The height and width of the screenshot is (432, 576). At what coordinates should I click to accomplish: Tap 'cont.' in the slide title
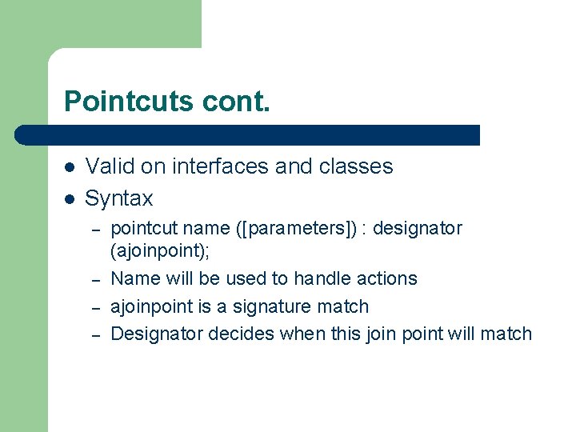click(237, 102)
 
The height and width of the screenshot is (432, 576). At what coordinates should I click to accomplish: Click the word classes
click(356, 166)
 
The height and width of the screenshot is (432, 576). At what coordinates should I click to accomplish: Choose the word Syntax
click(118, 198)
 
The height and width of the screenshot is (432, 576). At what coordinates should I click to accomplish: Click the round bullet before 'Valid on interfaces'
click(70, 167)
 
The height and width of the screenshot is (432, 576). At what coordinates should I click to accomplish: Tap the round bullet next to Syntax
click(70, 198)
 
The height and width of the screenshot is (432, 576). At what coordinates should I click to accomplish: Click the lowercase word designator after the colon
click(418, 228)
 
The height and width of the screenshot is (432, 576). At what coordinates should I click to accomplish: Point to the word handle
click(323, 278)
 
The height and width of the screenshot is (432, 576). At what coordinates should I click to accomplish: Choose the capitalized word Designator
click(156, 334)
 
